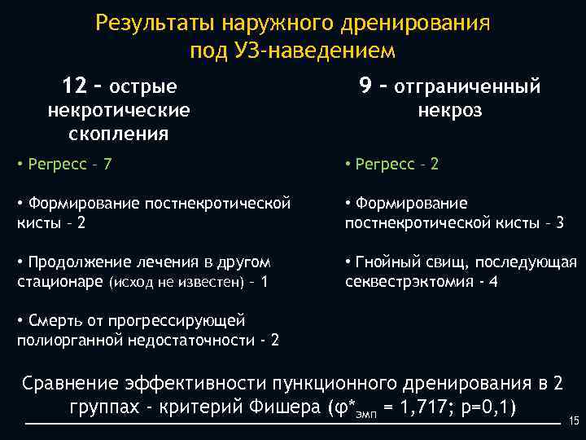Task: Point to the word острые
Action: [143, 86]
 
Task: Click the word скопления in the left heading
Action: [119, 133]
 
